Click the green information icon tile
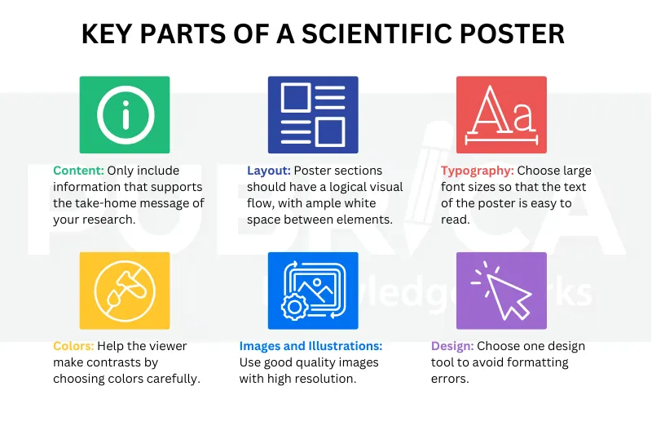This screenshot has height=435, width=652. point(125,115)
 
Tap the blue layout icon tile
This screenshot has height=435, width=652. point(313,115)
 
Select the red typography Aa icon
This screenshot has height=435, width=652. point(501,115)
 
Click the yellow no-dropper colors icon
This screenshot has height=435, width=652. point(125,291)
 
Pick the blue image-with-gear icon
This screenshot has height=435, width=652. point(313,291)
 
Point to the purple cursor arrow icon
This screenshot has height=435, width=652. point(501,291)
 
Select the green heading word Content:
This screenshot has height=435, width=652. point(79,171)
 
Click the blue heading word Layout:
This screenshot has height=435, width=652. point(268,171)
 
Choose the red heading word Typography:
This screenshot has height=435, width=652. point(477,171)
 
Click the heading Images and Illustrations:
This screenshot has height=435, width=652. point(311,346)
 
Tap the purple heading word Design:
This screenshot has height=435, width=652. point(452,346)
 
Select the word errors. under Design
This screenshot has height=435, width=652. point(449,379)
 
